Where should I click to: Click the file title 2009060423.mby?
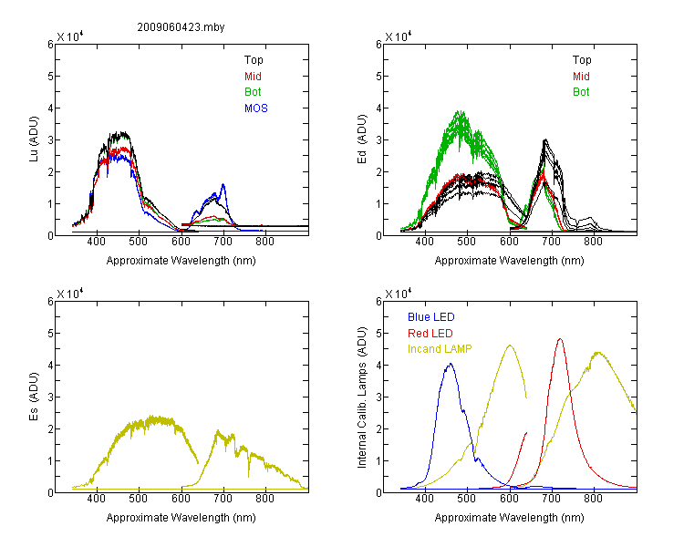tap(181, 27)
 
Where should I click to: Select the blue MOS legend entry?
tap(256, 108)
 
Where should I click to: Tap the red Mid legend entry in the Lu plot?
tap(253, 77)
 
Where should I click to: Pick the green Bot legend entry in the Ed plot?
tap(581, 92)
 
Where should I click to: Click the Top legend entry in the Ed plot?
tap(582, 60)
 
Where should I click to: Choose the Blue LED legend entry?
tap(431, 317)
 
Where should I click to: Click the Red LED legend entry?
tap(430, 334)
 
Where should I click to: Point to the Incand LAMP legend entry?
tap(440, 349)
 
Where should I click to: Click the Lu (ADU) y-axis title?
tap(34, 139)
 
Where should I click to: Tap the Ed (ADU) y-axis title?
tap(362, 139)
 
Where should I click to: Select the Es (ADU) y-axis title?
tap(34, 397)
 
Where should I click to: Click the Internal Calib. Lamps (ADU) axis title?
tap(362, 397)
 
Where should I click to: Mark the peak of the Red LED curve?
tap(560, 338)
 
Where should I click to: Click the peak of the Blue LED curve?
tap(451, 364)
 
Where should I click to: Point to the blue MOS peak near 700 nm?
tap(223, 184)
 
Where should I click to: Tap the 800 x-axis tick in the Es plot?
tap(264, 499)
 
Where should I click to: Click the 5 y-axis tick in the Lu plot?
tap(50, 77)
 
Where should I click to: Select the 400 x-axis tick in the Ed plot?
tap(424, 242)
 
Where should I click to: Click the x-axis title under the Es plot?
tap(181, 518)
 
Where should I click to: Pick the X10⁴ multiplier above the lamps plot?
tap(399, 294)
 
